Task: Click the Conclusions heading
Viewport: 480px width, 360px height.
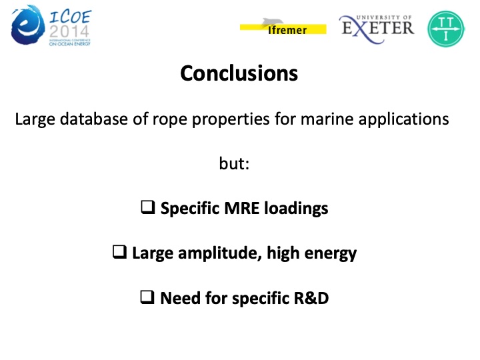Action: click(239, 73)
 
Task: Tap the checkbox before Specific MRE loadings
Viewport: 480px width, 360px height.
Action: click(147, 208)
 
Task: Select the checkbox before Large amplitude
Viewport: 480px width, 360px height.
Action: click(119, 253)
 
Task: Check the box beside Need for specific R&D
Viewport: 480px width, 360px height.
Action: click(147, 298)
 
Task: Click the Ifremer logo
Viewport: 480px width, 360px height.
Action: click(283, 27)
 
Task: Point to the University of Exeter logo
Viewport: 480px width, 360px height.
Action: click(377, 26)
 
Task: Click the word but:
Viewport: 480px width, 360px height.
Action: click(234, 164)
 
